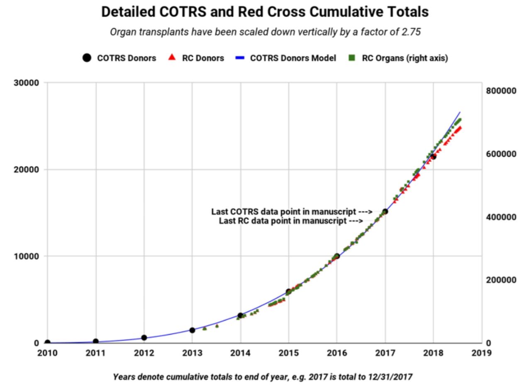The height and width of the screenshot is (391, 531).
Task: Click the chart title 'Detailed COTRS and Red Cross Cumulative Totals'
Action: (265, 12)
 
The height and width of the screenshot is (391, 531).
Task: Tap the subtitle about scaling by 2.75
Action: (265, 32)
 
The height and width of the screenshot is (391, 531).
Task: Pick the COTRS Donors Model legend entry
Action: (287, 58)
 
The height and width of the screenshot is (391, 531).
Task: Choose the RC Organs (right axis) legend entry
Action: (398, 58)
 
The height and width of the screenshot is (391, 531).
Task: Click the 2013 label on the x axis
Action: (192, 353)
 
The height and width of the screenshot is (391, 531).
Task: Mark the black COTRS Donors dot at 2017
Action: (385, 212)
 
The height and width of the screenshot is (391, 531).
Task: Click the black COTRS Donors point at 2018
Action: (433, 156)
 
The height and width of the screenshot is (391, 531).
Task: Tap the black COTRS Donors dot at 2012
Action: (144, 337)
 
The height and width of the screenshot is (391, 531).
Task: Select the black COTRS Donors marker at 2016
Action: (337, 256)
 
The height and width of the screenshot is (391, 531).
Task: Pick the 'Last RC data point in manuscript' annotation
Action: (291, 221)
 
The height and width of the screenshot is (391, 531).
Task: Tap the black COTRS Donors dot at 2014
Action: (240, 315)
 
